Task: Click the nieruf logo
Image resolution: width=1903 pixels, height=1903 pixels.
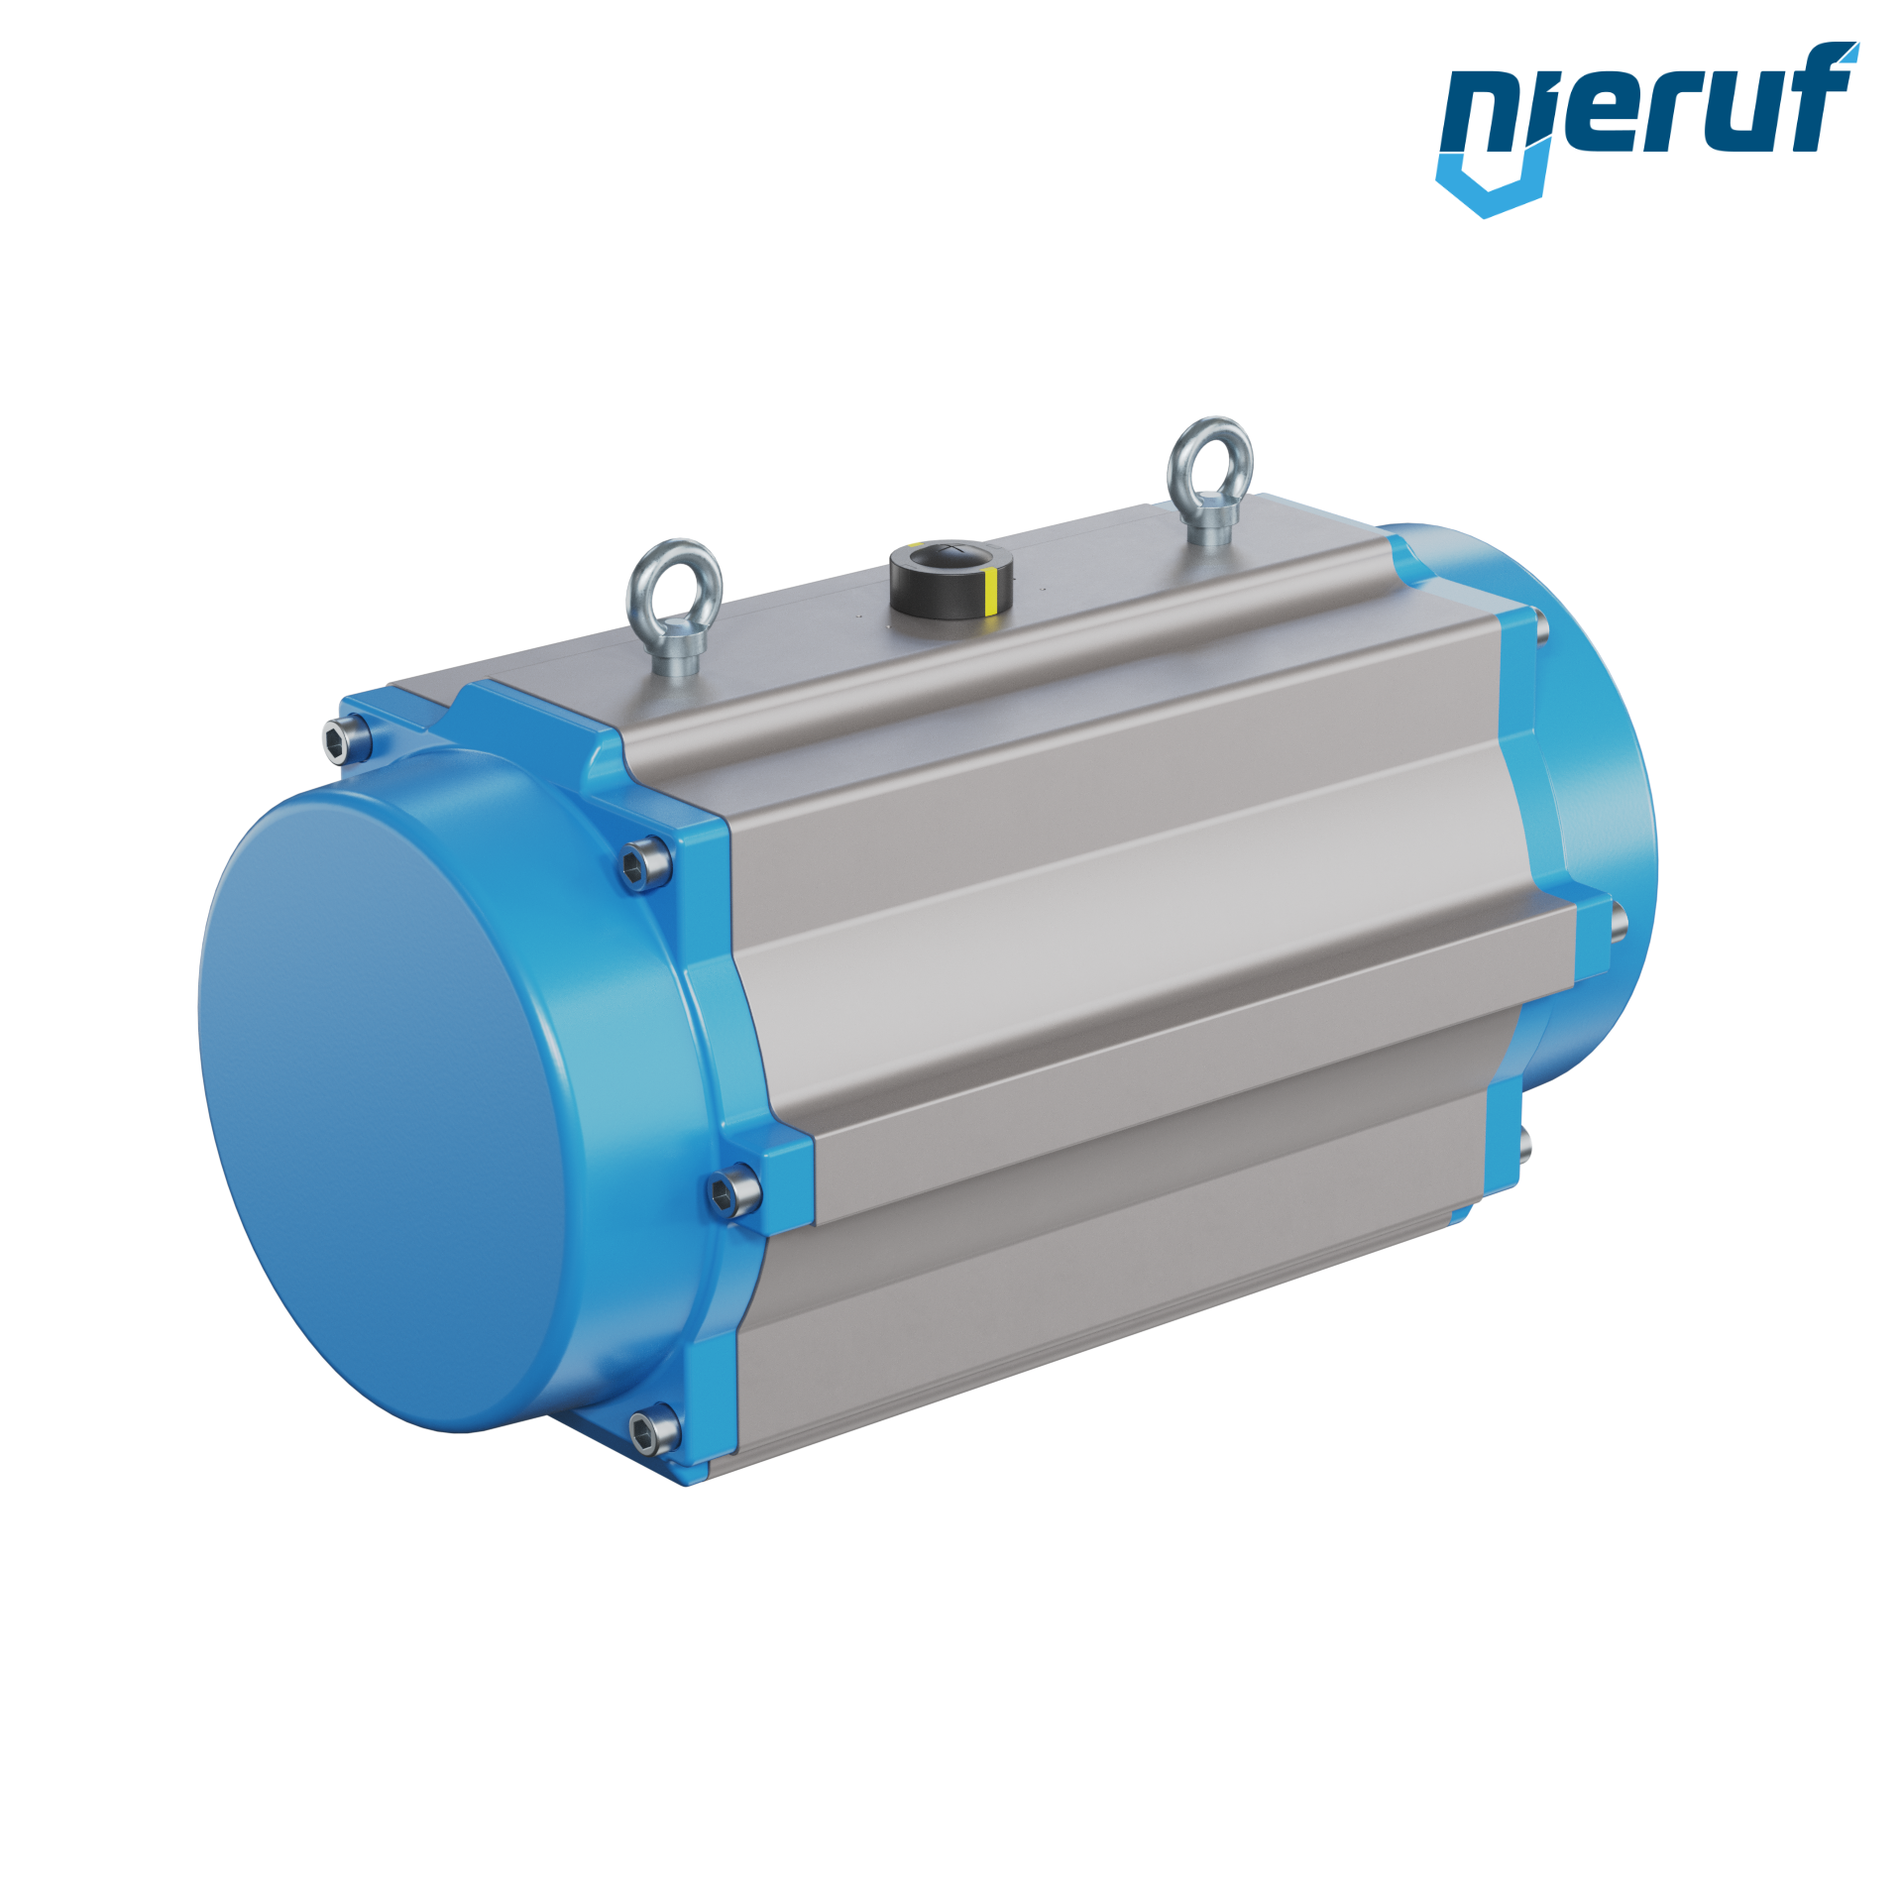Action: pos(1646,129)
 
